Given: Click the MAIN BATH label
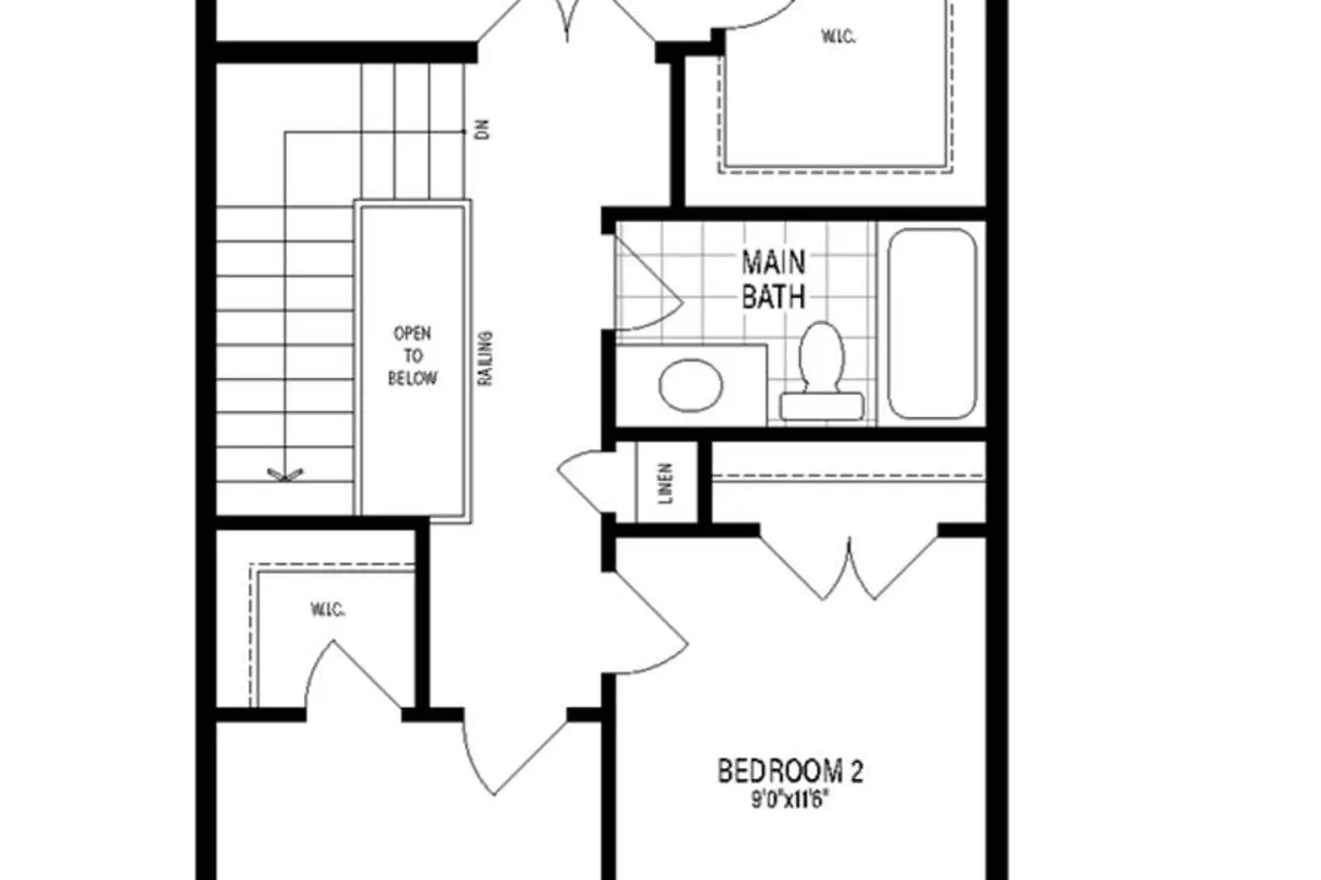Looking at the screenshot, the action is click(773, 280).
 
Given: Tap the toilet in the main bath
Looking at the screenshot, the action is click(822, 370).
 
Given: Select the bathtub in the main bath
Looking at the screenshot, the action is click(932, 324).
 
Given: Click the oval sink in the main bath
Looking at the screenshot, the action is click(690, 385).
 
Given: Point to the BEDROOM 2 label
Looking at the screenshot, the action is click(790, 771).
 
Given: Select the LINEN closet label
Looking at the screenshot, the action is click(666, 483).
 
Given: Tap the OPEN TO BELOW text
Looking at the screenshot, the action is click(412, 356).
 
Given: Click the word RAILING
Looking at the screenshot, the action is click(484, 358).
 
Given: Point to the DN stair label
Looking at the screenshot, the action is click(483, 129).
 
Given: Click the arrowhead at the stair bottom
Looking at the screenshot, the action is click(285, 475).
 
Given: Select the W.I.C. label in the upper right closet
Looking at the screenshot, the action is click(838, 37).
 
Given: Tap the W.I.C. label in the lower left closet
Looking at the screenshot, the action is click(328, 610).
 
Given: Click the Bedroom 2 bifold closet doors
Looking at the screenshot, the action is click(849, 566).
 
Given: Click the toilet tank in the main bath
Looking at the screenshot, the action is click(822, 407).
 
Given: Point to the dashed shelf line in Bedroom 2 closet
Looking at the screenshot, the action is click(849, 474).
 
